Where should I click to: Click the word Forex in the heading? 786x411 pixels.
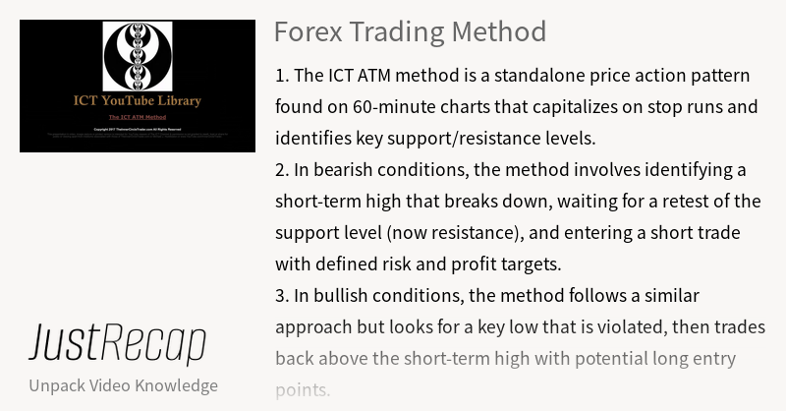click(x=307, y=31)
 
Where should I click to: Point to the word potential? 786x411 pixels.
click(x=571, y=358)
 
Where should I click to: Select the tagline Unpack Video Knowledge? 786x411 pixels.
click(x=123, y=384)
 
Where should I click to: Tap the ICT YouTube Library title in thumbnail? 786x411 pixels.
click(x=138, y=100)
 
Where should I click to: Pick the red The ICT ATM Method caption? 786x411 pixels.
click(x=138, y=117)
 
